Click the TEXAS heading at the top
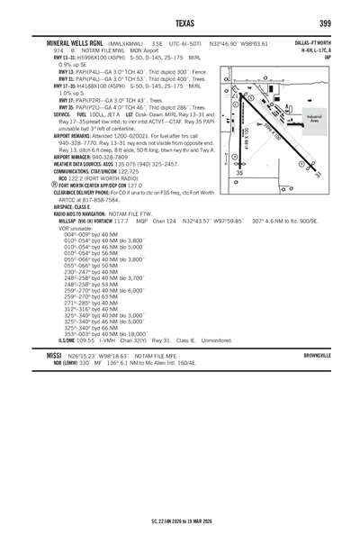point(180,23)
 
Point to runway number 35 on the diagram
point(239,172)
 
